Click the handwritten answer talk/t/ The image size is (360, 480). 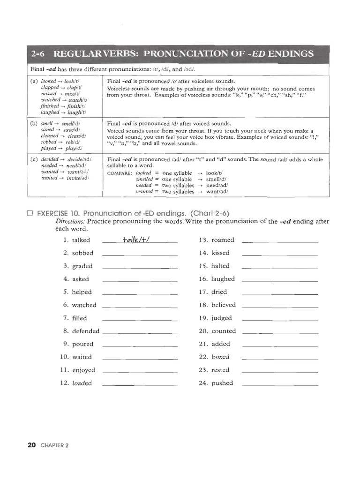point(139,240)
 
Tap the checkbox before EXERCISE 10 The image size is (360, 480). point(30,213)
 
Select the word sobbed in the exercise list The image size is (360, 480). point(82,253)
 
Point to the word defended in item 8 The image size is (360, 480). point(85,331)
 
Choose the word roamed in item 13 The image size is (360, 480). point(222,240)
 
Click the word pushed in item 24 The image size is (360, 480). point(222,383)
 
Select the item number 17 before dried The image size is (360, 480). point(203,292)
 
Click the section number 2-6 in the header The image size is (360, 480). point(40,53)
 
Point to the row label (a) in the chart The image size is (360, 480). point(34,81)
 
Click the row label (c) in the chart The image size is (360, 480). point(34,159)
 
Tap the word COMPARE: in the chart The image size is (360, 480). point(120,173)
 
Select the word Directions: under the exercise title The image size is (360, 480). point(70,221)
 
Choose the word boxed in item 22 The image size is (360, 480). point(220,357)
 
